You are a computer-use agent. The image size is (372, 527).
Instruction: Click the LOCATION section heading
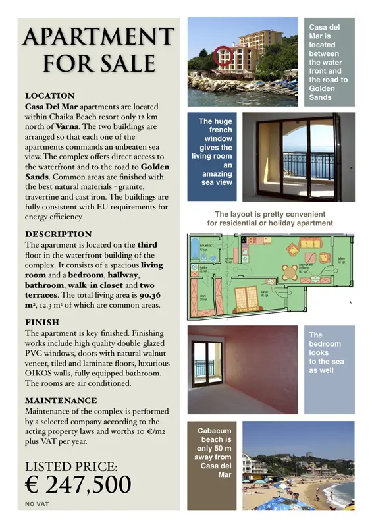(x=49, y=96)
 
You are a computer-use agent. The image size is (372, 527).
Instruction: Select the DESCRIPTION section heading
(x=58, y=235)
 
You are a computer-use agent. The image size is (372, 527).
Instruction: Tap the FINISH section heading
(x=42, y=323)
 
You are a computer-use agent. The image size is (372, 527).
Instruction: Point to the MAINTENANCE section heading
(x=61, y=401)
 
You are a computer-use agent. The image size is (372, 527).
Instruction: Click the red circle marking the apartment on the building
(x=224, y=56)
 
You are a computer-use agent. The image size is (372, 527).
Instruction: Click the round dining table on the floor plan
(x=290, y=270)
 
